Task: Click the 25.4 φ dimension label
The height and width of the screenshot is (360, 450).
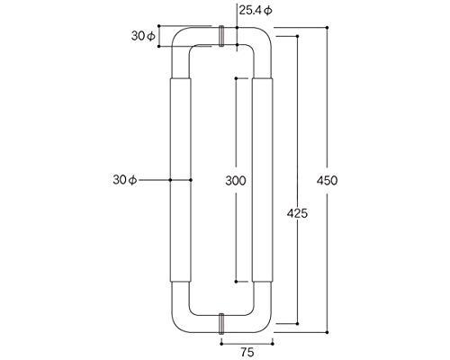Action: (256, 11)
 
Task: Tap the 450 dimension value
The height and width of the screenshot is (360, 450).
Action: (327, 181)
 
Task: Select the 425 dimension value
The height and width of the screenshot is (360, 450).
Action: (297, 213)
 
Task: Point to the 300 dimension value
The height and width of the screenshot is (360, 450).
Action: (236, 181)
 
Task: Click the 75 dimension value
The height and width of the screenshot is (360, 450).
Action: (247, 352)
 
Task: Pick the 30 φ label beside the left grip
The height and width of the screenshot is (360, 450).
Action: (125, 180)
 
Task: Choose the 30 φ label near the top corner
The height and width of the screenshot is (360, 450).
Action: (143, 36)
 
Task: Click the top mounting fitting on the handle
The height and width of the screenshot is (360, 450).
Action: (221, 36)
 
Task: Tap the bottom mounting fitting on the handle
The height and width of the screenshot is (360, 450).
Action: (221, 324)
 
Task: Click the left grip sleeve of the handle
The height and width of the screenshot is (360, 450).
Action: (181, 180)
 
